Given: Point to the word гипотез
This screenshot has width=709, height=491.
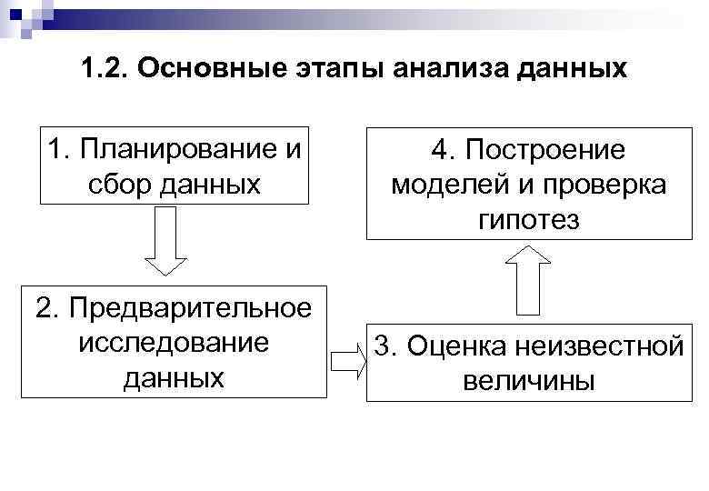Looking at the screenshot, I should coord(527,219).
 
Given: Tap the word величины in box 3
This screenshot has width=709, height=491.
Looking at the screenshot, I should coord(528,380).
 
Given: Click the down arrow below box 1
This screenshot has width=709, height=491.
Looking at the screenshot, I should coord(165,240).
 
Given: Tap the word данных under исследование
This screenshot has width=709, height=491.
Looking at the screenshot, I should coord(174,377).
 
